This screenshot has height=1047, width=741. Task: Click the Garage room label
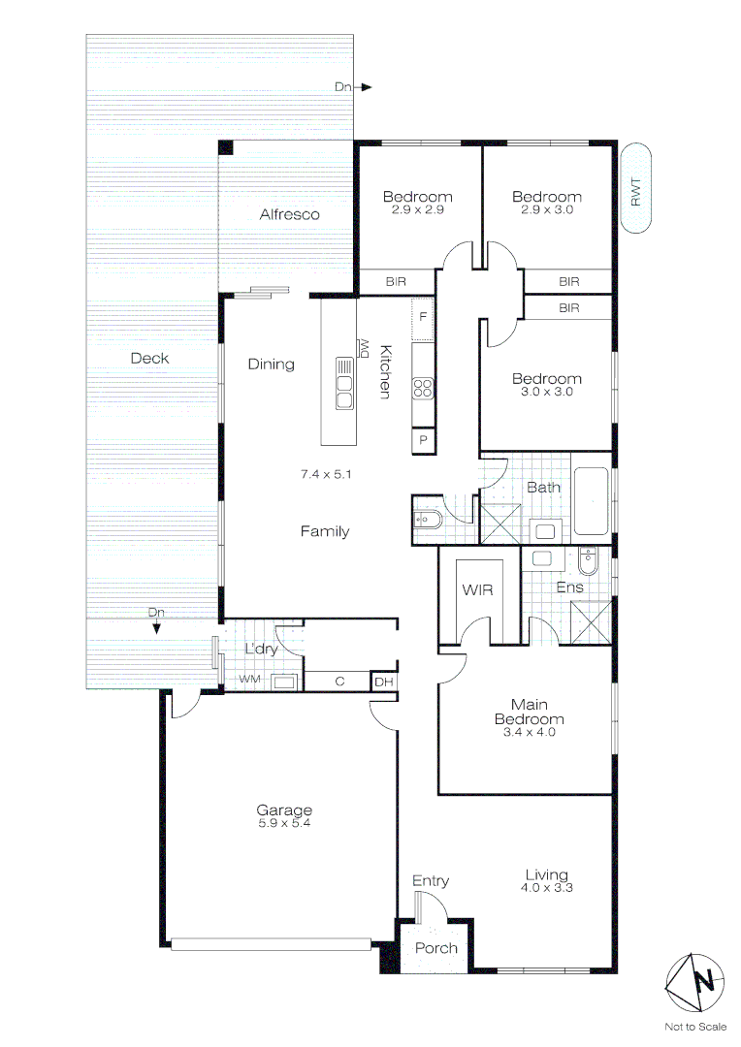pyautogui.click(x=284, y=810)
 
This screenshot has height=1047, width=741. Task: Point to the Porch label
pyautogui.click(x=435, y=947)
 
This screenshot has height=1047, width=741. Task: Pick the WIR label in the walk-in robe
pyautogui.click(x=478, y=589)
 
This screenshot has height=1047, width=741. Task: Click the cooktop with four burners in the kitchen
pyautogui.click(x=423, y=388)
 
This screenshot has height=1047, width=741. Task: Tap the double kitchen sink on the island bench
pyautogui.click(x=343, y=385)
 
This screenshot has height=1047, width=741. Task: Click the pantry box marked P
pyautogui.click(x=424, y=440)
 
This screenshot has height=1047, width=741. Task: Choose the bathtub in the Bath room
pyautogui.click(x=591, y=501)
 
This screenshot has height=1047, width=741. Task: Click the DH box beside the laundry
pyautogui.click(x=385, y=682)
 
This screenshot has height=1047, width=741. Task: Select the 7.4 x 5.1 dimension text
pyautogui.click(x=325, y=475)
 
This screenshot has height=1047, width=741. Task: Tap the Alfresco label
pyautogui.click(x=289, y=214)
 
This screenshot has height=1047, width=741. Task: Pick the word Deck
pyautogui.click(x=149, y=359)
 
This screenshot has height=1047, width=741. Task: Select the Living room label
pyautogui.click(x=544, y=874)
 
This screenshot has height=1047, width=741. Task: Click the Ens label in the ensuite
pyautogui.click(x=568, y=587)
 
